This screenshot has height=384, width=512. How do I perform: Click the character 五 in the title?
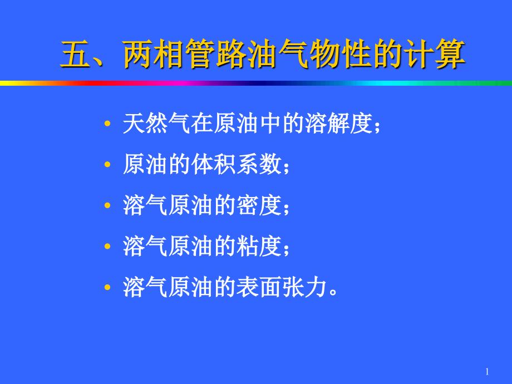(x=76, y=54)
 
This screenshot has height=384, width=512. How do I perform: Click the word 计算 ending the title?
(x=434, y=54)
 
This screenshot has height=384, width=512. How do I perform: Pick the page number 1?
(x=487, y=372)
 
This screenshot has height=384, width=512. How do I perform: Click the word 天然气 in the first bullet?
(x=156, y=124)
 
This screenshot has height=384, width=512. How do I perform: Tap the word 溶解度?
(x=338, y=124)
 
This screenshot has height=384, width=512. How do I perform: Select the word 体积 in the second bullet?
(x=213, y=164)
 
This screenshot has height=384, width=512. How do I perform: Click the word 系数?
(x=259, y=164)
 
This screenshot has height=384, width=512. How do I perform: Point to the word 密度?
(x=259, y=205)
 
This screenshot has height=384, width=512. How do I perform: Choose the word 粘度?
(x=259, y=246)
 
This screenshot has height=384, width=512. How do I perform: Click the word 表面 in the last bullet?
(x=259, y=287)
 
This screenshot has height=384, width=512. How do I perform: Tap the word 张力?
(x=304, y=287)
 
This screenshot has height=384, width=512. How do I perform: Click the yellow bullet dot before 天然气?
(x=107, y=124)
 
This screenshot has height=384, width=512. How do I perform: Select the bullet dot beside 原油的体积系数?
(x=107, y=165)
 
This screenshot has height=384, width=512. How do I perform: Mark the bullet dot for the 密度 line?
(x=107, y=206)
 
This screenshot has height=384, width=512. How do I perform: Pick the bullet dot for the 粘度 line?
(x=107, y=247)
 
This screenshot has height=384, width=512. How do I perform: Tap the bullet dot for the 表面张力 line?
(x=107, y=288)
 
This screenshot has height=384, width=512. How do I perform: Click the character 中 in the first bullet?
(x=270, y=124)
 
